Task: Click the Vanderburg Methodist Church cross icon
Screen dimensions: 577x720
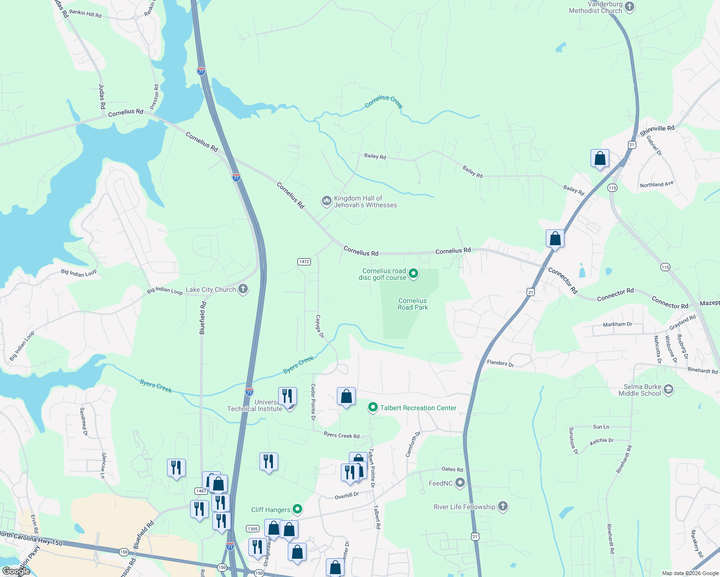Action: pyautogui.click(x=630, y=7)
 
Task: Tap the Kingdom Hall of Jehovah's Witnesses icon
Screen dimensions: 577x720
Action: pyautogui.click(x=327, y=201)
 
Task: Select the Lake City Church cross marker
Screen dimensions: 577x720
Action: pyautogui.click(x=243, y=289)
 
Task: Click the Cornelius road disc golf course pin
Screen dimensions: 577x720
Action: pyautogui.click(x=413, y=274)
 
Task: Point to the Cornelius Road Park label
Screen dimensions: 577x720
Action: pyautogui.click(x=412, y=304)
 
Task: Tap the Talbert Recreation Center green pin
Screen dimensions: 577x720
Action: pyautogui.click(x=373, y=408)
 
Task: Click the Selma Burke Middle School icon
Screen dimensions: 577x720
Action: pyautogui.click(x=669, y=389)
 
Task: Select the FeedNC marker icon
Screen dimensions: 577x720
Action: pyautogui.click(x=460, y=483)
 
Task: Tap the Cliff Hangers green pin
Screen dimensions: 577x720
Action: pyautogui.click(x=297, y=509)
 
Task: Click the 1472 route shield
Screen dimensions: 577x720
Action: pyautogui.click(x=304, y=262)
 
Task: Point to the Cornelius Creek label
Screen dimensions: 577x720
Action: pyautogui.click(x=384, y=101)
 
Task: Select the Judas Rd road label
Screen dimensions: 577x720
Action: pyautogui.click(x=102, y=96)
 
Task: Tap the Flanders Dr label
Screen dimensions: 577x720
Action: pyautogui.click(x=500, y=363)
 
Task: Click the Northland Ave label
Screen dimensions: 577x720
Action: pyautogui.click(x=656, y=184)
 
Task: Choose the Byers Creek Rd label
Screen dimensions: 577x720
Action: pyautogui.click(x=341, y=435)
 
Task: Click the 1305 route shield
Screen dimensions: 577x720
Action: pyautogui.click(x=253, y=528)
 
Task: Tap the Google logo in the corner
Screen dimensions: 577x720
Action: pyautogui.click(x=16, y=571)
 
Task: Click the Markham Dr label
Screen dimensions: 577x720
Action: pyautogui.click(x=617, y=325)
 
